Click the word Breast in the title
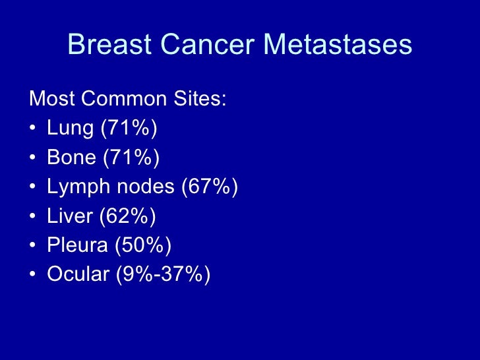[x=107, y=45]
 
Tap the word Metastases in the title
[x=338, y=45]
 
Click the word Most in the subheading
[x=51, y=100]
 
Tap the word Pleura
[x=77, y=245]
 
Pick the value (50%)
[x=143, y=245]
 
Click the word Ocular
[x=78, y=274]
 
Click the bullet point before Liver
[x=34, y=217]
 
